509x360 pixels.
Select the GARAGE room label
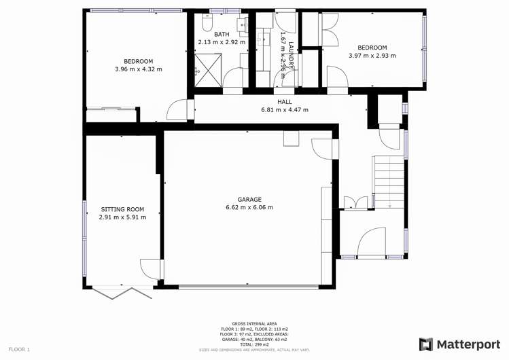point(249,200)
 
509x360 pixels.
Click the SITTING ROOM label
point(122,209)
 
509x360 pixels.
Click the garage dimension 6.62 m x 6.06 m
point(249,208)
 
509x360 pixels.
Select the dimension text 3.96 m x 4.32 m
point(139,69)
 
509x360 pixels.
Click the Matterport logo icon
point(426,344)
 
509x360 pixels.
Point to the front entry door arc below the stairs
point(372,242)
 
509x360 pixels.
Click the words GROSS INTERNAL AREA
point(254,324)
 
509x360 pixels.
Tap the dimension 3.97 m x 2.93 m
point(372,56)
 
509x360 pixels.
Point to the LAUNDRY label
point(290,54)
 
